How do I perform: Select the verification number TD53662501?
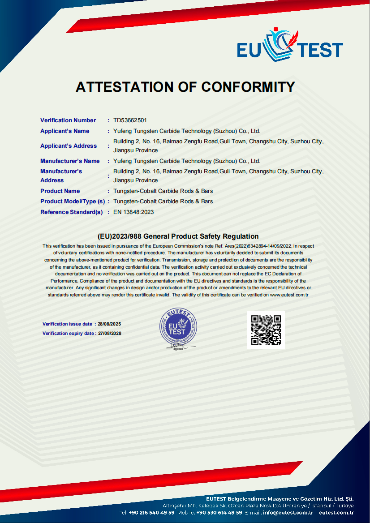coord(130,120)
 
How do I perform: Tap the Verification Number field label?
coord(68,120)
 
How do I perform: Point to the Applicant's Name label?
coord(65,131)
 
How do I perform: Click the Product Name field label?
coord(60,191)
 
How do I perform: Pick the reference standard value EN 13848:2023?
coord(133,212)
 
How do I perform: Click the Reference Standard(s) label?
coord(71,212)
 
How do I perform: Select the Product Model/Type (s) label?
coord(72,201)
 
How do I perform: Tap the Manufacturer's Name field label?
coord(70,161)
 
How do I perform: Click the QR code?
coord(266,330)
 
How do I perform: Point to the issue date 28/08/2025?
coord(109,324)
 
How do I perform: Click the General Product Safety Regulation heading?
coord(178,236)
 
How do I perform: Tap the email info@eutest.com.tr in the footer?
coord(288,513)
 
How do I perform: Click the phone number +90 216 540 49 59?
coord(151,513)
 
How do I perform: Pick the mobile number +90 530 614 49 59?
coord(219,513)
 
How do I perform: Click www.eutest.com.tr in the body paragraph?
coord(289,295)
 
